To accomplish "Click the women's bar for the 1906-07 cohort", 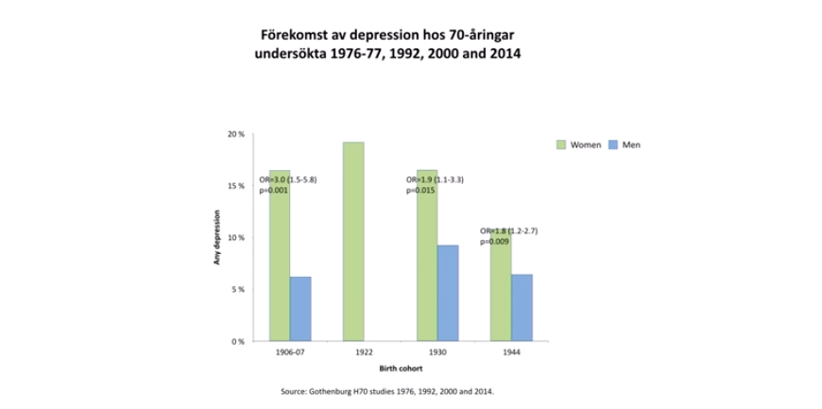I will point(279,255).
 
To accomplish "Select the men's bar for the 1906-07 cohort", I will point(300,309).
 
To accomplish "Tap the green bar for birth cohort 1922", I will point(353,241).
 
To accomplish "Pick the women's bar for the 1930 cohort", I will point(427,255).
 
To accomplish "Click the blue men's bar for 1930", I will point(448,293).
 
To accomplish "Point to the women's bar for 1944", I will point(501,283).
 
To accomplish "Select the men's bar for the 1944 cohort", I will point(522,307).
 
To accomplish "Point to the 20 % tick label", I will point(236,135).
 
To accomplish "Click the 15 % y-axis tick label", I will point(236,186).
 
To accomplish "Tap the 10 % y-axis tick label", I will point(236,237).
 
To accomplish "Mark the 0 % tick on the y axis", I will point(238,340).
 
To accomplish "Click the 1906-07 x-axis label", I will point(289,351).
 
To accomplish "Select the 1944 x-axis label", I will point(511,351).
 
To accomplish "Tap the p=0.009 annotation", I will point(495,241).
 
